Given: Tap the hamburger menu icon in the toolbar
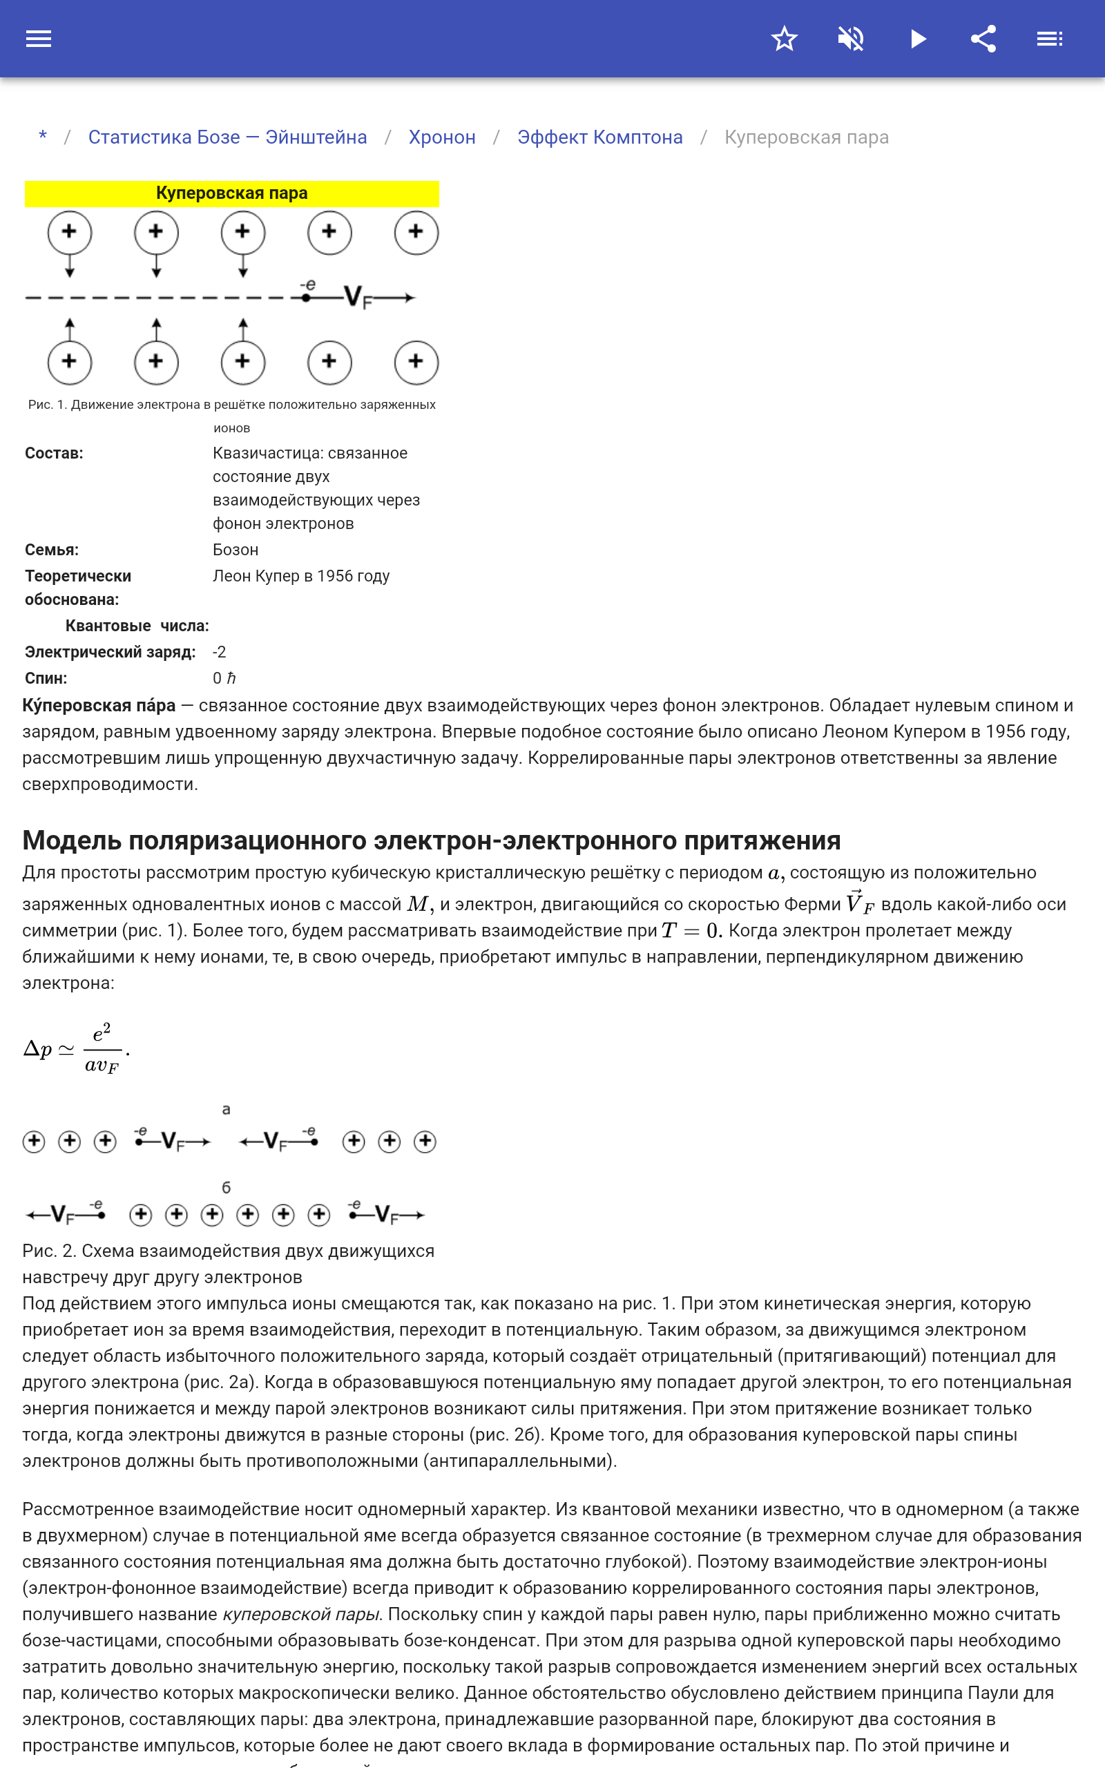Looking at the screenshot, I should (39, 39).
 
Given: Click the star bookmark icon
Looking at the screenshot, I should (784, 39).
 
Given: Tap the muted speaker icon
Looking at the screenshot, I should (851, 39).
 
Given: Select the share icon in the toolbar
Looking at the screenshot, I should (983, 39).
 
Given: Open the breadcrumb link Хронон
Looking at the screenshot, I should (441, 137).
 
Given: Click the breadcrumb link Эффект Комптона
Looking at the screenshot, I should (599, 137).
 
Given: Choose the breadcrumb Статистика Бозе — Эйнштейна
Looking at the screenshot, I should (227, 137).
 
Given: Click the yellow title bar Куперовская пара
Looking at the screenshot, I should (231, 193).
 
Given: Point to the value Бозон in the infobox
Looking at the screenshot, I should (236, 550).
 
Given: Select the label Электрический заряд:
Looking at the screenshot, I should (110, 652).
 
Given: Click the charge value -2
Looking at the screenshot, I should (219, 652).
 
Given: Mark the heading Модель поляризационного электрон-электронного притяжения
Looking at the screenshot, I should (431, 840).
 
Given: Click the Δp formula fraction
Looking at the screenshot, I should (102, 1049).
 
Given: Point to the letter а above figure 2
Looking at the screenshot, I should (226, 1109).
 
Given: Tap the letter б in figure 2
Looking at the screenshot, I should (226, 1188).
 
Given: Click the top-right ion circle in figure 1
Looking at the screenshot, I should (416, 232).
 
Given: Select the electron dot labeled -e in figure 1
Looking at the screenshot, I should (307, 296).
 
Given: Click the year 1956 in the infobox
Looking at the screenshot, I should (335, 576).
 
